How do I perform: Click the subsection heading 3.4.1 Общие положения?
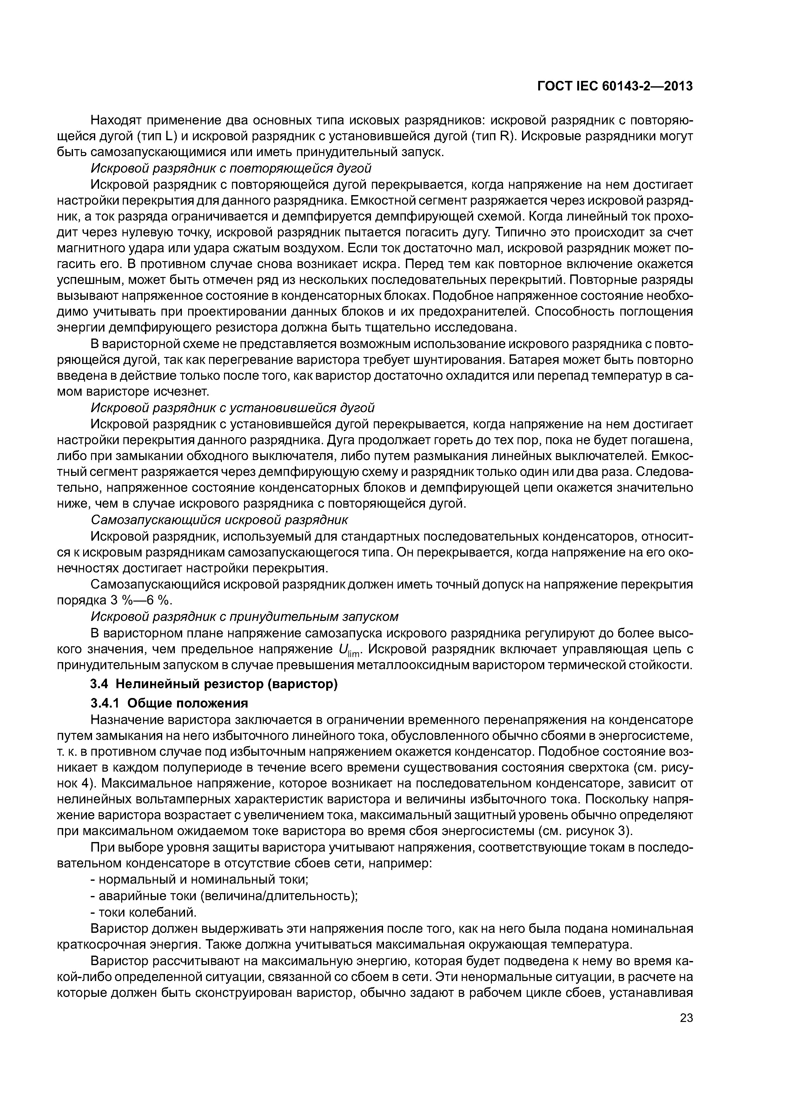click(x=169, y=703)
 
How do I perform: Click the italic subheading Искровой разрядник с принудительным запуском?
click(x=245, y=616)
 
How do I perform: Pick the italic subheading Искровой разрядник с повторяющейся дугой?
click(x=231, y=168)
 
